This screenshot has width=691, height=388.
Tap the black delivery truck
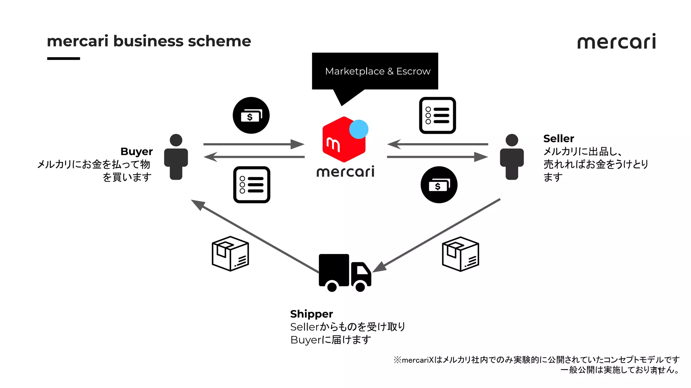(x=344, y=272)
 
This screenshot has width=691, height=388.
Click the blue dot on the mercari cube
(x=358, y=129)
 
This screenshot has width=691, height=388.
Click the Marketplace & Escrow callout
(x=375, y=71)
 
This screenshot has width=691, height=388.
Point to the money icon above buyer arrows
(x=251, y=116)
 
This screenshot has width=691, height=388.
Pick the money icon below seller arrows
(x=439, y=185)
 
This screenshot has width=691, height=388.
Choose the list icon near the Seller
(x=437, y=116)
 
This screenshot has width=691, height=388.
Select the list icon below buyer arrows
(x=252, y=185)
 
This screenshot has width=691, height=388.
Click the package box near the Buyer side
(x=230, y=254)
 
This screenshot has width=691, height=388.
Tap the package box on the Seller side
(x=460, y=254)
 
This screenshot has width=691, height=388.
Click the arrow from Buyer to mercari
(x=253, y=144)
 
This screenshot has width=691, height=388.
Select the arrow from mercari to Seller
(x=437, y=157)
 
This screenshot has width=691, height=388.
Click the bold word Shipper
(x=311, y=314)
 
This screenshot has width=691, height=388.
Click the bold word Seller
(x=558, y=138)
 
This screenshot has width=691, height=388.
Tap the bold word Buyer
(x=136, y=152)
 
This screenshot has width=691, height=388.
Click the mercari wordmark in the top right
(x=616, y=42)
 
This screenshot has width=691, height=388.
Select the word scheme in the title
(x=219, y=41)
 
